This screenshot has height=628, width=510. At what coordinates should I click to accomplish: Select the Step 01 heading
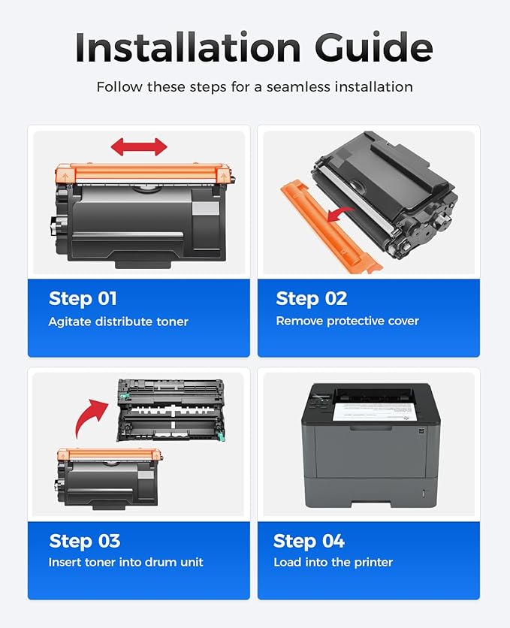[x=83, y=298]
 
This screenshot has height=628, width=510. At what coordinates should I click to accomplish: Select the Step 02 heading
[x=311, y=298]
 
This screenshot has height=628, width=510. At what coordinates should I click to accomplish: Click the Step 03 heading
[x=84, y=541]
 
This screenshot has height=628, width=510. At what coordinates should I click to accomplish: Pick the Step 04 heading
[x=309, y=541]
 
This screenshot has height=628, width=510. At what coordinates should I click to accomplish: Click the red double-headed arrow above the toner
[x=139, y=146]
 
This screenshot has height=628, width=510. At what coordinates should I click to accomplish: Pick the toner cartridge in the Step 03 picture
[x=109, y=476]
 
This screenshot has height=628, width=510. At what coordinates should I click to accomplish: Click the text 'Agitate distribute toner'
[x=118, y=322]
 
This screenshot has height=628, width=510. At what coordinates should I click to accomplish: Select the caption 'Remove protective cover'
[x=347, y=321]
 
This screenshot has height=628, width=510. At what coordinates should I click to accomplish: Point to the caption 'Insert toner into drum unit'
[x=125, y=562]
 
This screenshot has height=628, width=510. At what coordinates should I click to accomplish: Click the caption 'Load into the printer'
[x=333, y=562]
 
